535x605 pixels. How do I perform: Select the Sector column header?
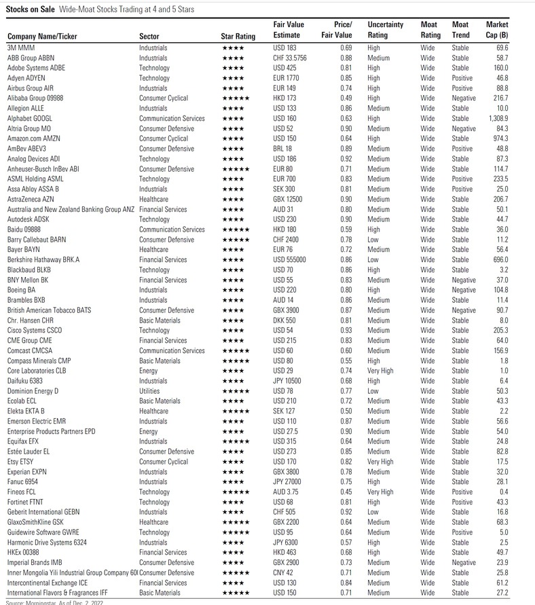tap(149, 36)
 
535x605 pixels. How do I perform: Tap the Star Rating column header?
tap(238, 36)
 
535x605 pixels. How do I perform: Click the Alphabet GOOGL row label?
tap(29, 118)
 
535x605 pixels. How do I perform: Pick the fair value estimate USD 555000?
tap(290, 259)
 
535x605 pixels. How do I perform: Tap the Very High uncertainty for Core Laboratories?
tap(380, 371)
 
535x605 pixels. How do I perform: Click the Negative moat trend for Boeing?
tap(464, 290)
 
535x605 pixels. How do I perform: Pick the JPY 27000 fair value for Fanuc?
tap(288, 482)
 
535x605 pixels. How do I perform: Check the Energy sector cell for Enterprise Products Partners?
tap(149, 431)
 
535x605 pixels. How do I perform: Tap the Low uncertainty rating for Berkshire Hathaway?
tap(374, 259)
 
